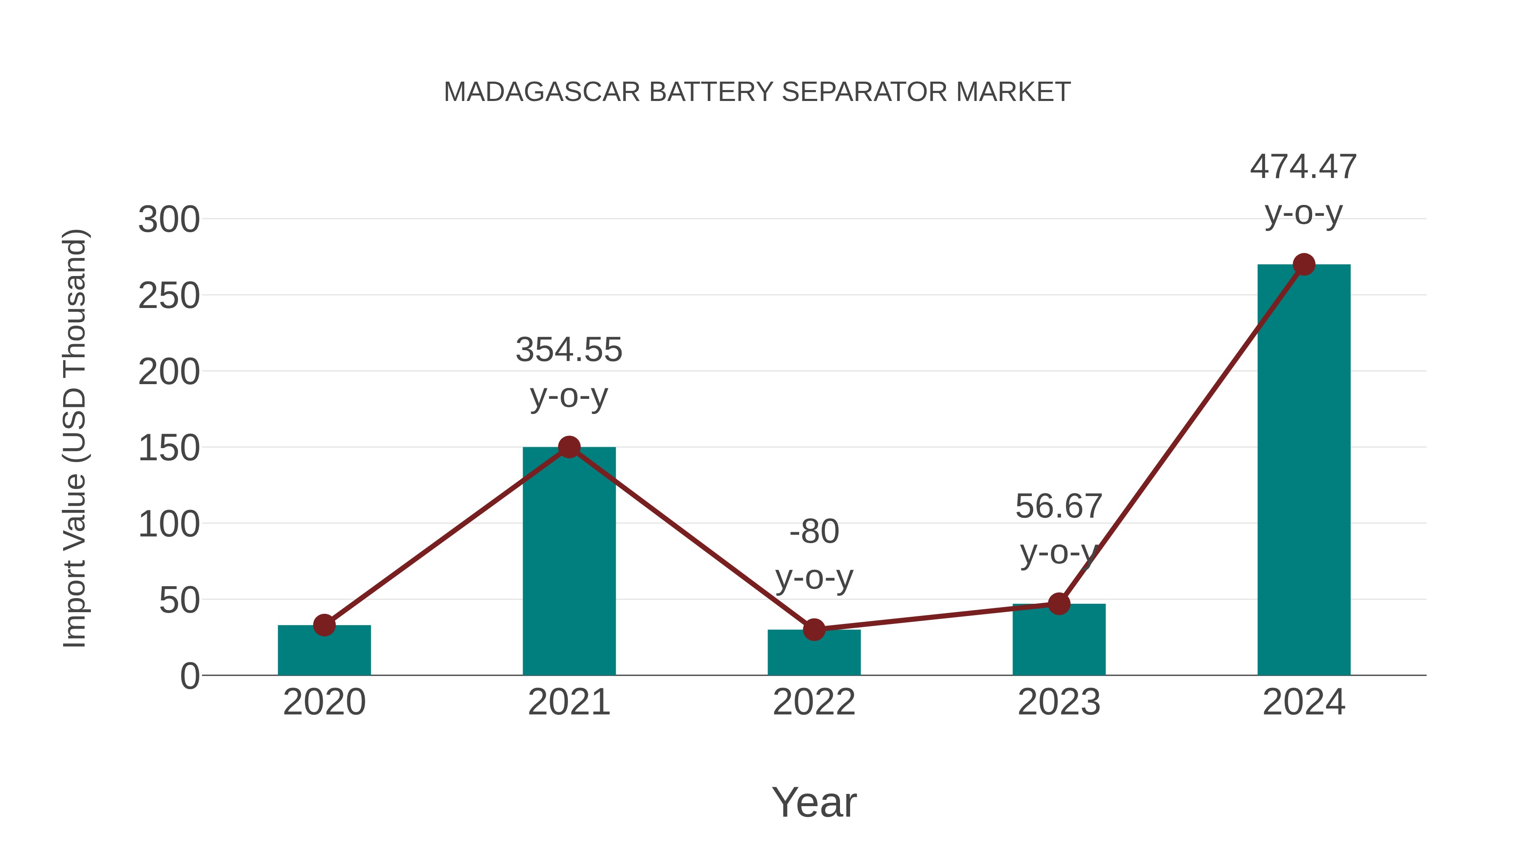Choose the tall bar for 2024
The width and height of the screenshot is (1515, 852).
coord(1304,470)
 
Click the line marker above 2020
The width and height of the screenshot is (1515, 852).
coord(324,625)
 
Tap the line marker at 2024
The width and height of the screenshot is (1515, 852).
coord(1304,265)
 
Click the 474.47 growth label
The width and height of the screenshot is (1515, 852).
coord(1303,167)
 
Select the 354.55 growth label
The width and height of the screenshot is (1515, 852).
coord(569,350)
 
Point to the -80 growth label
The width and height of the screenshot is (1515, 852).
coord(814,532)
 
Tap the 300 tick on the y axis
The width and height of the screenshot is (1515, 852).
coord(169,220)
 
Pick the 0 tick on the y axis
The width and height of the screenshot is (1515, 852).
coord(189,676)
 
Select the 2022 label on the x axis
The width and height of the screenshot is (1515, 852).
coord(814,703)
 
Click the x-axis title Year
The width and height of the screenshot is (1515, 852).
coord(814,803)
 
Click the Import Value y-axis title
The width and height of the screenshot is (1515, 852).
coord(75,438)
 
